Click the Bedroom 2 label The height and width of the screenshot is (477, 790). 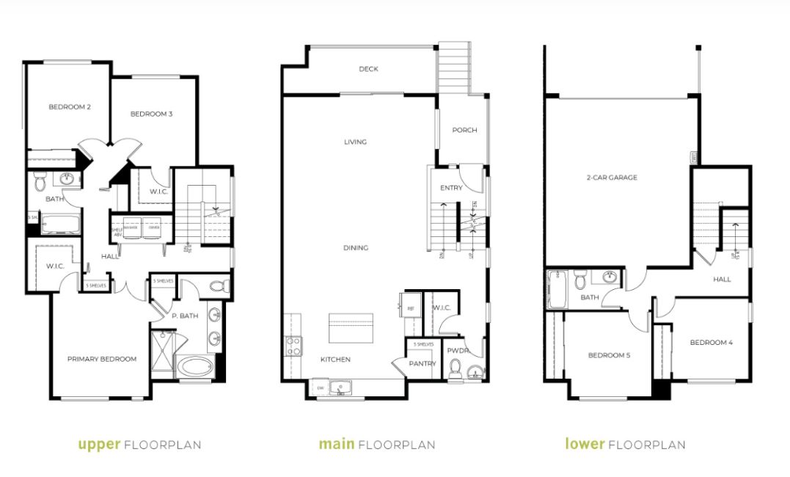pos(70,107)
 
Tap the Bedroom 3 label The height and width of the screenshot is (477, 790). pos(151,114)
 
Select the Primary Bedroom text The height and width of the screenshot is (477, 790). pos(102,359)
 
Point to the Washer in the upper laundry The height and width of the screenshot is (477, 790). pos(132,227)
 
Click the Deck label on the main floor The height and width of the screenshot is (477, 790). pos(368,69)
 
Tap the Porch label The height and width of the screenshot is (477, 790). pos(464,130)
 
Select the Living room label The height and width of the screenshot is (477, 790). pos(355,142)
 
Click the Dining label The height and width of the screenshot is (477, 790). pos(355,248)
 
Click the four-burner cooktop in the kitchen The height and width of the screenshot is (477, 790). pos(293,346)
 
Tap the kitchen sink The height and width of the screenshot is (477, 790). pos(340,387)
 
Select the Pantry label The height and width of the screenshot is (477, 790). pos(423,363)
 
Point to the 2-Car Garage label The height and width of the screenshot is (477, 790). pos(611,178)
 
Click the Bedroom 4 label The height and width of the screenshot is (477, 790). pos(711,343)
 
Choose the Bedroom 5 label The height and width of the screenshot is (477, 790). pos(609,356)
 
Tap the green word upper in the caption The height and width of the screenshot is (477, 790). pos(100,444)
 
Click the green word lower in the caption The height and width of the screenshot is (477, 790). pos(585,444)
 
